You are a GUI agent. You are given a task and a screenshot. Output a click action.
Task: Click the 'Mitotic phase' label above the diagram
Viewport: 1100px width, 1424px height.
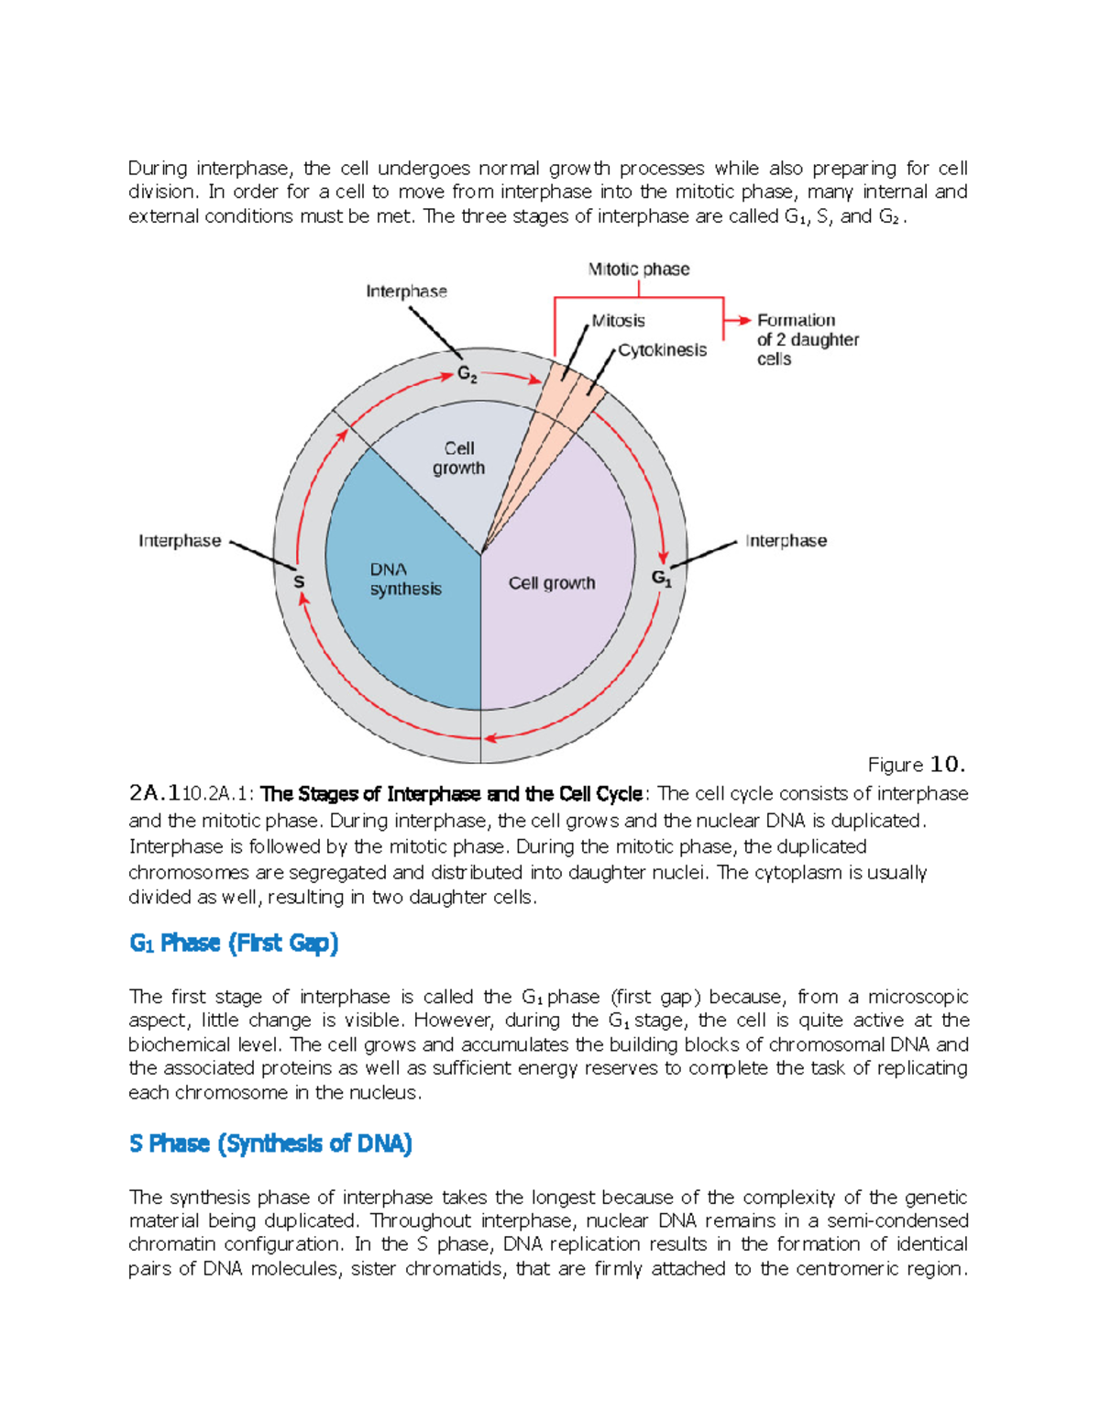pos(639,270)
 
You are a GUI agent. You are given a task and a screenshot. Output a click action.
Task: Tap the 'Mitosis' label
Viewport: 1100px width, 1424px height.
pos(619,321)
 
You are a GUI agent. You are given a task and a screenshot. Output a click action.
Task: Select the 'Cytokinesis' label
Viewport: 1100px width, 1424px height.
pos(662,350)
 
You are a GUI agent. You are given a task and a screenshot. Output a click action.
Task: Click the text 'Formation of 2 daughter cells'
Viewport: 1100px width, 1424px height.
pos(807,339)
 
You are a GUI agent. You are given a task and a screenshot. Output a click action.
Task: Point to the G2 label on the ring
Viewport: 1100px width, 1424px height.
pos(467,375)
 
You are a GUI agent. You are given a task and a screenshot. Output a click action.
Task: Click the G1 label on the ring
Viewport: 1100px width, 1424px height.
pos(662,578)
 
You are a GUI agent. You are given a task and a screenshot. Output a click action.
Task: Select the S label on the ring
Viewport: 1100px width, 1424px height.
pos(299,581)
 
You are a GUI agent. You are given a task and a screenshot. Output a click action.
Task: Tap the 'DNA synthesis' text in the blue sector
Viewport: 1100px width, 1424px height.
pos(405,580)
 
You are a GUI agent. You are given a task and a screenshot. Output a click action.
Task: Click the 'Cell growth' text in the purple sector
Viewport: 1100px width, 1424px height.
pos(552,583)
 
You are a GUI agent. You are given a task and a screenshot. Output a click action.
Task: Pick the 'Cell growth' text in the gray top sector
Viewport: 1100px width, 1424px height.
pos(458,458)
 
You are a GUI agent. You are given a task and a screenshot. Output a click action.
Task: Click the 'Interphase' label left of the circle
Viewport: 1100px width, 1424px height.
pos(180,541)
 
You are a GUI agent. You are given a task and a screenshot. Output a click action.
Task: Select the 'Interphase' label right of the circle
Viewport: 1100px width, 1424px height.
pos(786,541)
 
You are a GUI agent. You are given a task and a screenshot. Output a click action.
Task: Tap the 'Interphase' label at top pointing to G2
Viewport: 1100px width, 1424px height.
pos(406,292)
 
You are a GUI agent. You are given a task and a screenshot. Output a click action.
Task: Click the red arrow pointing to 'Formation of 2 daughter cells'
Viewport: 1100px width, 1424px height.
pos(737,321)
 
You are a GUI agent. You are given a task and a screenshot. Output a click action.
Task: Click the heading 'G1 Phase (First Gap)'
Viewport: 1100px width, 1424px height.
pos(235,944)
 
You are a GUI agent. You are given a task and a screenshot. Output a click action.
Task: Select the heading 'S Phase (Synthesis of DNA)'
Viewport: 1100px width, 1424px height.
pos(271,1143)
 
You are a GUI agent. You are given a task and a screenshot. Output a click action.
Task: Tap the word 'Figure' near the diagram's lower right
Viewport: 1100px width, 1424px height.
pos(895,765)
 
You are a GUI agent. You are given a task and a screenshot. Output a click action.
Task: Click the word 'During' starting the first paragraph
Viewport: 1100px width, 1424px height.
pos(158,169)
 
